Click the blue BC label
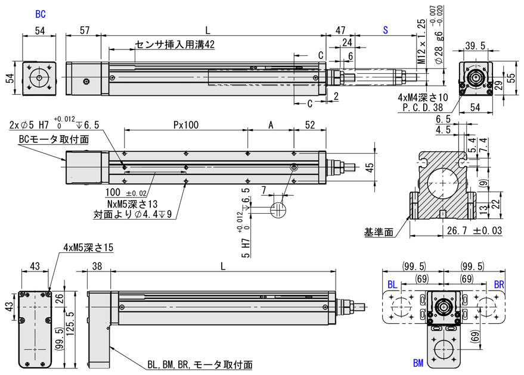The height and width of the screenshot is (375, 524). (41, 13)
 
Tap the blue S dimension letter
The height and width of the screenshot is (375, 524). (386, 30)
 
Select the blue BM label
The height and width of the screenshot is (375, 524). (418, 362)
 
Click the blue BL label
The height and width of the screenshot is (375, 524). (392, 285)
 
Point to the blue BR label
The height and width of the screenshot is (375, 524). (498, 285)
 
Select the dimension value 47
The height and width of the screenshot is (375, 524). (340, 30)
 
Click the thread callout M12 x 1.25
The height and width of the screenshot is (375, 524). (421, 41)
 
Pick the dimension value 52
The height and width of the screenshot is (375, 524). (310, 126)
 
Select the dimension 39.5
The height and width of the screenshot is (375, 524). (475, 46)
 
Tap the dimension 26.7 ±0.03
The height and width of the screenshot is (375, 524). (470, 230)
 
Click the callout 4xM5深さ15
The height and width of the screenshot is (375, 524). (88, 247)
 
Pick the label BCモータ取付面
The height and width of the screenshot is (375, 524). (54, 139)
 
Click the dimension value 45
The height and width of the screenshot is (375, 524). (370, 168)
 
